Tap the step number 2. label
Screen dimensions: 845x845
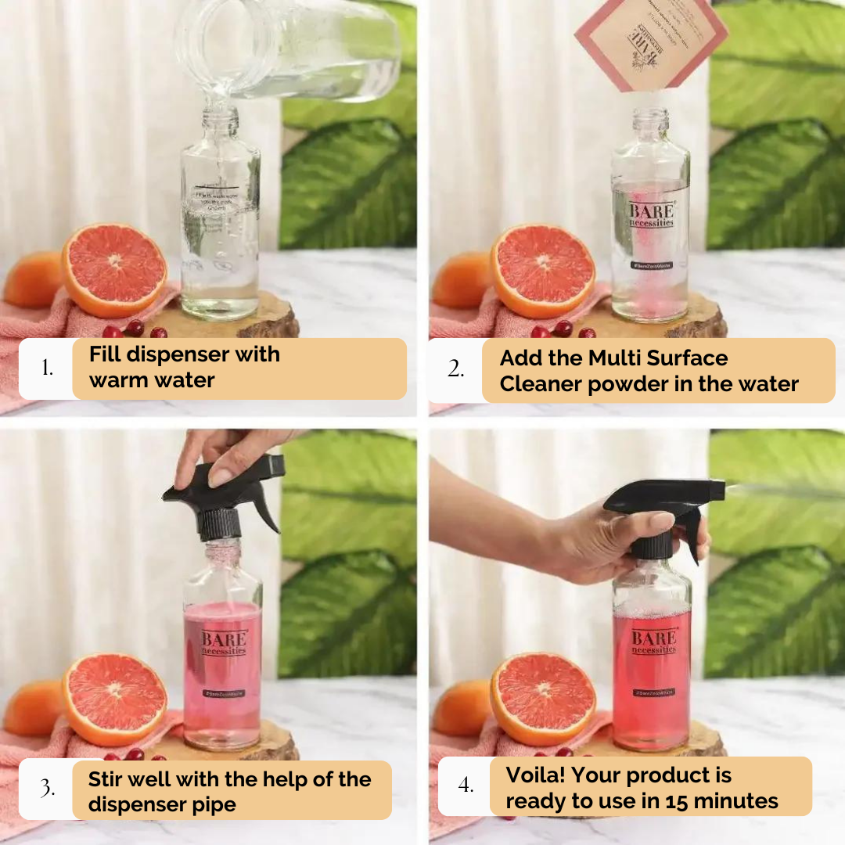tap(456, 369)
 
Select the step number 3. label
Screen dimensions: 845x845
tap(49, 788)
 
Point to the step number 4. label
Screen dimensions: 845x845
tap(466, 785)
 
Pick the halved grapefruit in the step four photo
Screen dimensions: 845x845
tap(545, 698)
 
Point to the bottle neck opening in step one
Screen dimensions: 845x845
tap(221, 113)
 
